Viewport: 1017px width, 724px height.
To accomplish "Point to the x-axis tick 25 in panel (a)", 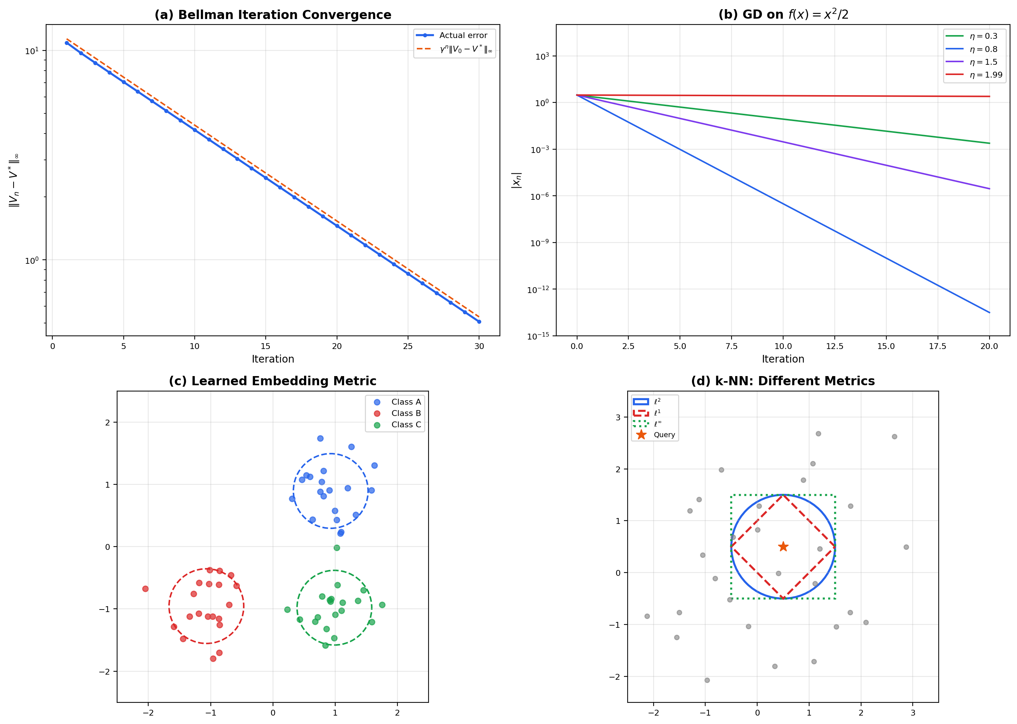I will point(408,346).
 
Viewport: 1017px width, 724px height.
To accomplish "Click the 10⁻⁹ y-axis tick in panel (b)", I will point(539,243).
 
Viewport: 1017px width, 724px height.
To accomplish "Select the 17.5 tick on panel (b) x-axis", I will point(937,346).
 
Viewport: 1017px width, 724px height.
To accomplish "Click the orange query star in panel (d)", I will point(783,547).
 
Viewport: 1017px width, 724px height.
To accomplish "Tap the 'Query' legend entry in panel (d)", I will point(663,435).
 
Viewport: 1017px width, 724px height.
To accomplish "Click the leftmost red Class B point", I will point(145,589).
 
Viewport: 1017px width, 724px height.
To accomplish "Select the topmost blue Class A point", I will point(320,438).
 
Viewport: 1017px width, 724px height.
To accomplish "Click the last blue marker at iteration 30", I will point(479,322).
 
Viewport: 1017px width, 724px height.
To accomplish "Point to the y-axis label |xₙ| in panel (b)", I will point(516,180).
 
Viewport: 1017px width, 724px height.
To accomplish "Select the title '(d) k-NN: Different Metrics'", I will point(782,381).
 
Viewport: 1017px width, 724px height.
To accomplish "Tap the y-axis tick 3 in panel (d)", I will point(618,417).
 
